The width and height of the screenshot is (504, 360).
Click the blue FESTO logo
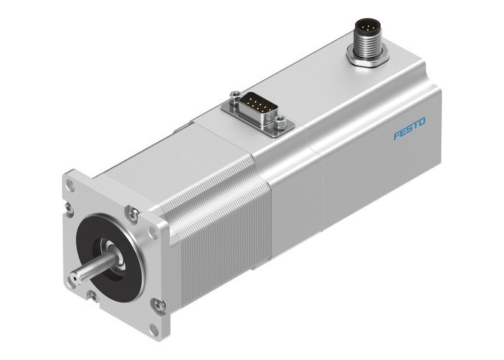pyautogui.click(x=409, y=129)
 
